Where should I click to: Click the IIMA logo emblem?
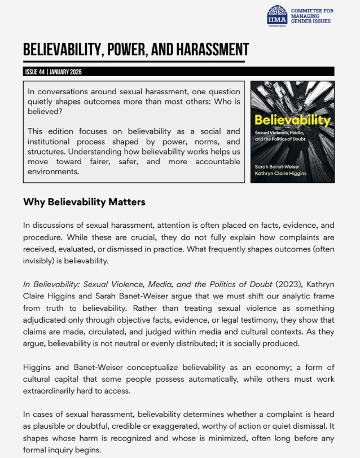pyautogui.click(x=276, y=15)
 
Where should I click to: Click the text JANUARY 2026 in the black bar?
pyautogui.click(x=66, y=72)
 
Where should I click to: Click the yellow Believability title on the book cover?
pyautogui.click(x=292, y=120)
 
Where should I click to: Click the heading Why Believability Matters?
pyautogui.click(x=84, y=202)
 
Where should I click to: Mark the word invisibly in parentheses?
pyautogui.click(x=42, y=261)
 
